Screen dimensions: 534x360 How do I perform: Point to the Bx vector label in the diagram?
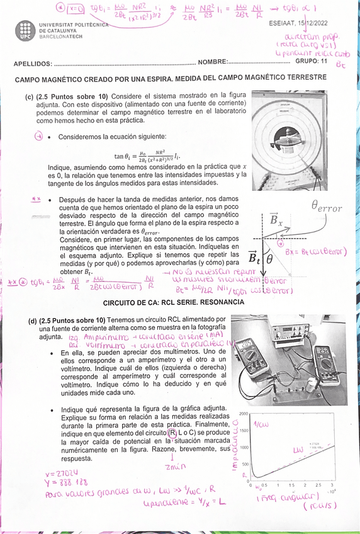coord(276,221)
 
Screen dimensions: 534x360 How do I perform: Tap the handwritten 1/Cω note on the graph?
coord(261,424)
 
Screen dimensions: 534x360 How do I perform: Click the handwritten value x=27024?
coord(62,473)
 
